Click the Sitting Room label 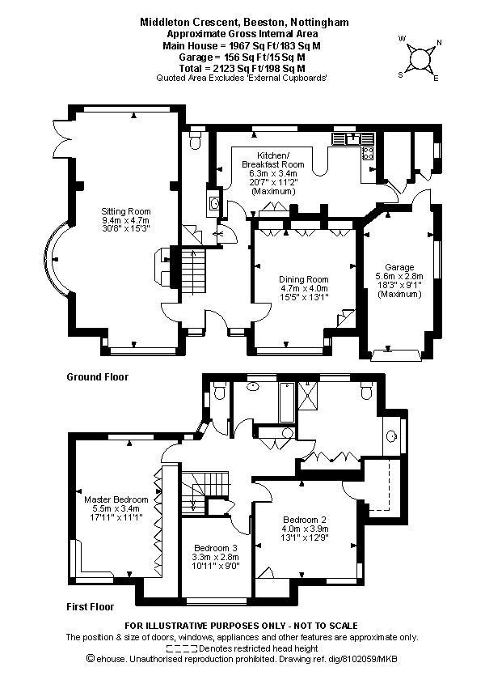[x=126, y=211]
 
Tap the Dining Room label [x=304, y=279]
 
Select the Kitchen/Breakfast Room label [x=273, y=159]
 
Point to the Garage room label [x=399, y=267]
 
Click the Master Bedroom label [x=116, y=499]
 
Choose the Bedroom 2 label [x=305, y=520]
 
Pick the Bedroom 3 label [x=216, y=548]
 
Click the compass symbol [x=420, y=58]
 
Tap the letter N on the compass [x=439, y=42]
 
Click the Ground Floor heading [x=98, y=377]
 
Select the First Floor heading [x=91, y=607]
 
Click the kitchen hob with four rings [x=368, y=153]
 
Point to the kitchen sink [x=353, y=139]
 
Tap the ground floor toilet [x=195, y=139]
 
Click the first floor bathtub [x=286, y=402]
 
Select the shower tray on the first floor [x=308, y=395]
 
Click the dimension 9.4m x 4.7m [x=126, y=220]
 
